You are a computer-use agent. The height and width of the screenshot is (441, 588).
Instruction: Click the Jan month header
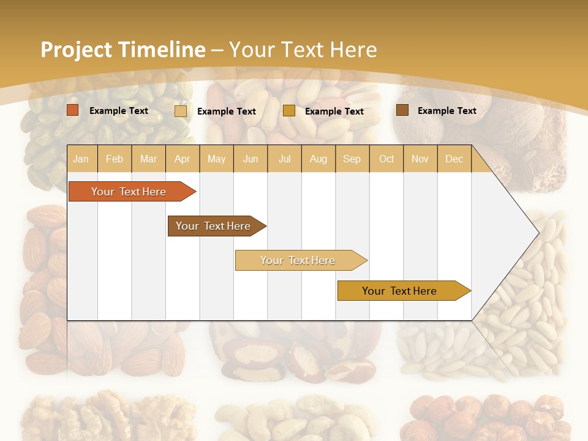click(81, 159)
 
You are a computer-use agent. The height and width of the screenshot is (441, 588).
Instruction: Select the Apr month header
click(182, 159)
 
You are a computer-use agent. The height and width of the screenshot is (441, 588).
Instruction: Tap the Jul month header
click(284, 159)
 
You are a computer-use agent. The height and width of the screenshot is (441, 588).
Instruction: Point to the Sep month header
click(352, 159)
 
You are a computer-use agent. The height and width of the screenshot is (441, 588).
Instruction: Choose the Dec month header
click(454, 159)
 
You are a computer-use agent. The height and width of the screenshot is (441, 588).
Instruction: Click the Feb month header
click(115, 159)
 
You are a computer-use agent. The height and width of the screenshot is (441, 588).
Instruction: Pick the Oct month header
click(386, 159)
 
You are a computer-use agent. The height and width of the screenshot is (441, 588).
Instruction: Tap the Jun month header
click(251, 159)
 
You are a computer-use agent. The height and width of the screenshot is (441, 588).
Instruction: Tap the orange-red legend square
click(73, 110)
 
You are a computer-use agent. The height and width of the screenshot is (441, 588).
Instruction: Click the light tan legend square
click(181, 111)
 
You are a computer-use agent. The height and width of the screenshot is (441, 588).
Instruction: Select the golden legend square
click(289, 111)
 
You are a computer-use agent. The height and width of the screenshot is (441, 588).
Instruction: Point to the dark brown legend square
click(402, 110)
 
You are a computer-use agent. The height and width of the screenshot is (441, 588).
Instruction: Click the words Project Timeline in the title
click(123, 50)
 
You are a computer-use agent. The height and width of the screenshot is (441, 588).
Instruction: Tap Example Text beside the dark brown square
click(447, 111)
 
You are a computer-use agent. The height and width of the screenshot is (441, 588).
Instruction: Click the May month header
click(216, 159)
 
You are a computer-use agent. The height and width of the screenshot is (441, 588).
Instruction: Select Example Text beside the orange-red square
click(118, 111)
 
